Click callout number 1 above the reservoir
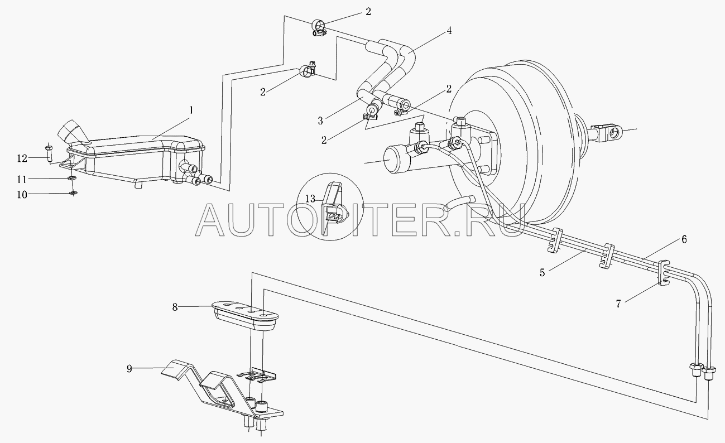pos(190,110)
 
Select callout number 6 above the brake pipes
pos(684,239)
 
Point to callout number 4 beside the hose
pos(448,31)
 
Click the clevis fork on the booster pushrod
pos(608,132)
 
